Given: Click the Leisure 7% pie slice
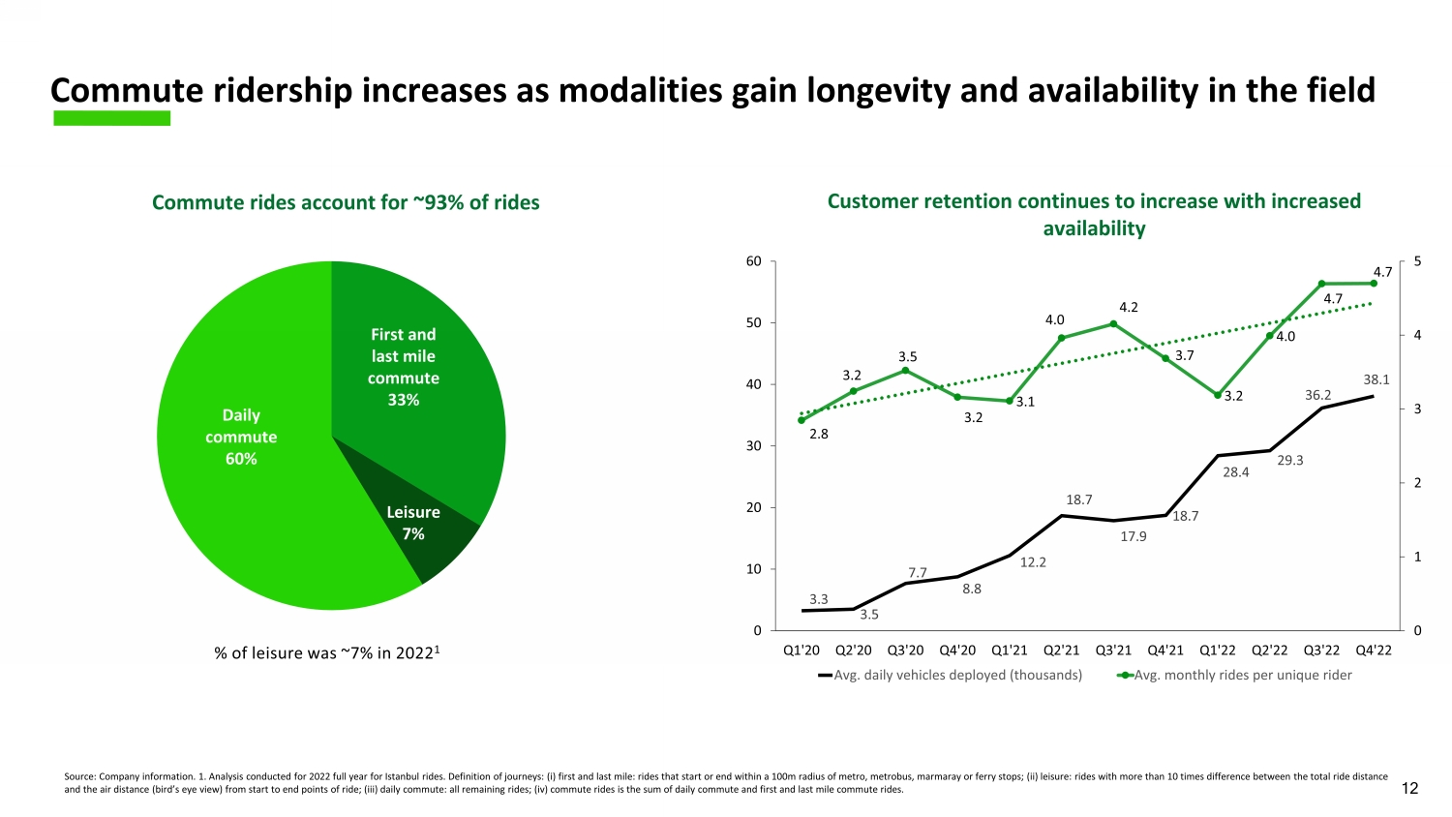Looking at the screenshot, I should [x=426, y=528].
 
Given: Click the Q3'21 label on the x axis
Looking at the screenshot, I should [x=1113, y=650].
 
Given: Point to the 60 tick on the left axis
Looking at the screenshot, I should [x=754, y=261].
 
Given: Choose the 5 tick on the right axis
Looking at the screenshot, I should [x=1417, y=261].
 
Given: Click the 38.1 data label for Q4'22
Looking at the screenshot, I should [x=1376, y=380].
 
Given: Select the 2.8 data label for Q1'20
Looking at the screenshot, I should [x=818, y=435].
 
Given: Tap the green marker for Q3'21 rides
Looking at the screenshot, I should [x=1113, y=324].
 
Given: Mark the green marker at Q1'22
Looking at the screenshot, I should [x=1218, y=395].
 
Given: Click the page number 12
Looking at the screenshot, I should [x=1409, y=789].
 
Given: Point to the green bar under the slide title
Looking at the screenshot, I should [x=111, y=118].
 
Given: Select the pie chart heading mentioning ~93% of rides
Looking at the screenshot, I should [x=346, y=202].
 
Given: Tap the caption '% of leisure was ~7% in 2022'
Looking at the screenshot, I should [x=327, y=652].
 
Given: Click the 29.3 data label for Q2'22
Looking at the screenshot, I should [x=1289, y=461].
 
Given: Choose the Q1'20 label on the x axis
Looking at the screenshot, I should [x=801, y=650].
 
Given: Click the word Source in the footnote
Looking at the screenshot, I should [x=78, y=776].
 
